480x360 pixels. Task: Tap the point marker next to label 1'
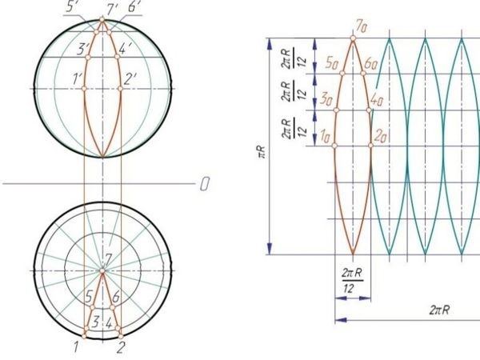[84, 89]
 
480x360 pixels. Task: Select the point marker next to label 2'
[120, 89]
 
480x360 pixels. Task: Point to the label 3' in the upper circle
[82, 49]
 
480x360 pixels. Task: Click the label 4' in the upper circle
[126, 49]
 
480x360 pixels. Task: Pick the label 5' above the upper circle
[71, 6]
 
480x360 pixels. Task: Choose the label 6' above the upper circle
[134, 6]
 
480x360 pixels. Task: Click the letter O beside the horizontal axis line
[205, 184]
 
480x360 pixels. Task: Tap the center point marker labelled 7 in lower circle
[102, 270]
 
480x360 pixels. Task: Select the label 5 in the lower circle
[89, 296]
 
